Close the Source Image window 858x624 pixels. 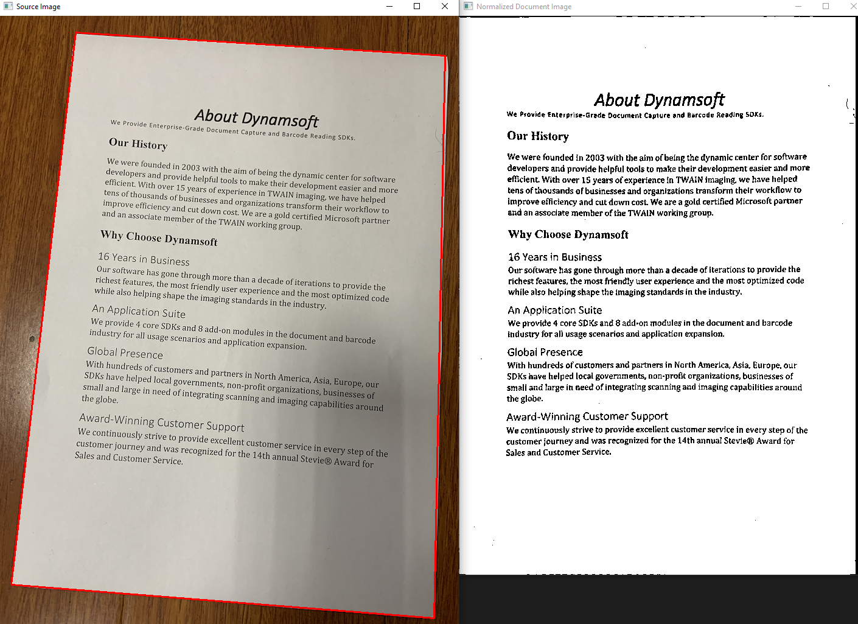[x=445, y=7]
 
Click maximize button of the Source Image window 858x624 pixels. [x=417, y=7]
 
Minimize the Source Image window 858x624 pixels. [x=389, y=7]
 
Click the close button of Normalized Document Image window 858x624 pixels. [x=853, y=7]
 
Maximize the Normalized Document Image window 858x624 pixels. [x=826, y=7]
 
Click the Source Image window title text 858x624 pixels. [x=38, y=7]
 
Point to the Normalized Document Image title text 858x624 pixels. [x=523, y=7]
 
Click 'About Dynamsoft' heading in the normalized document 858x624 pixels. [x=659, y=100]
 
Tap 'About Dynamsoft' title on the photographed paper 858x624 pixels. [x=256, y=117]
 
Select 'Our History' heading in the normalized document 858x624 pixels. [x=538, y=136]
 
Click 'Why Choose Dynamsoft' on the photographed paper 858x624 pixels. [x=159, y=238]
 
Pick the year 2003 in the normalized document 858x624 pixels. [x=595, y=158]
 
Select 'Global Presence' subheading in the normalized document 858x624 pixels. [x=545, y=352]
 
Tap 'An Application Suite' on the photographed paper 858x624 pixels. [x=139, y=312]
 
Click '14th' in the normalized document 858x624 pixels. [x=686, y=441]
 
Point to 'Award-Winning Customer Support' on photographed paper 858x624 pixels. [x=161, y=422]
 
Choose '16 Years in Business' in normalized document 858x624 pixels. [x=555, y=258]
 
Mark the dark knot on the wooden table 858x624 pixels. [x=32, y=338]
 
